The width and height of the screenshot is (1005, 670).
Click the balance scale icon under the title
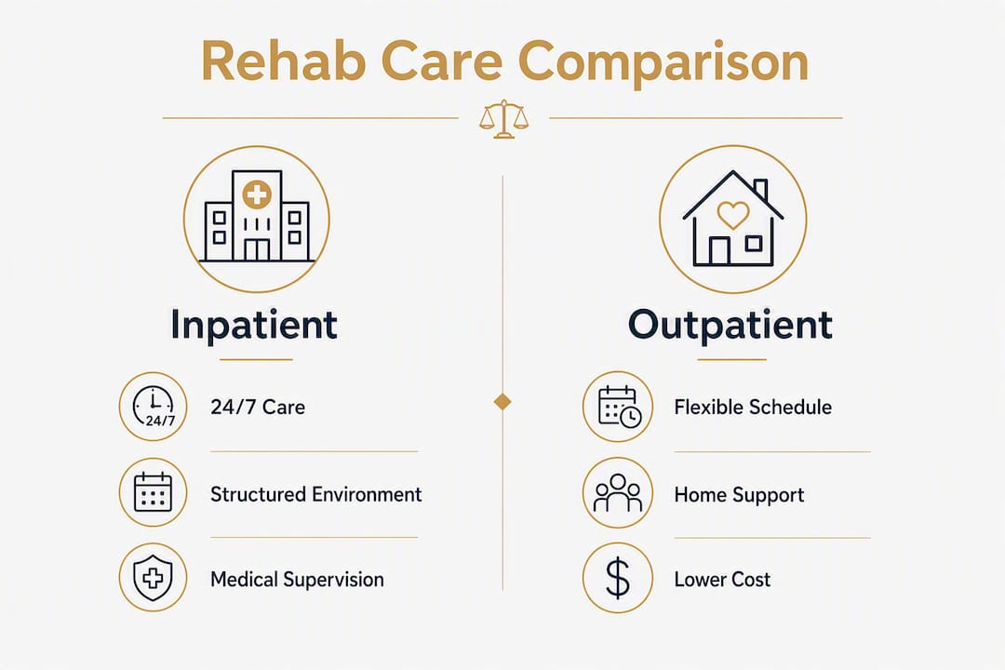(x=503, y=119)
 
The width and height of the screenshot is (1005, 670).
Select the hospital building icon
(x=257, y=216)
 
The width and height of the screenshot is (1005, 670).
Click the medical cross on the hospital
(x=257, y=194)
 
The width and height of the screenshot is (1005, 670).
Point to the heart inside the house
(x=732, y=215)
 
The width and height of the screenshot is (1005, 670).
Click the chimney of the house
(x=760, y=189)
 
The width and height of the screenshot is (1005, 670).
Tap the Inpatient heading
(x=254, y=325)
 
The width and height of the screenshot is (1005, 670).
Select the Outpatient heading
(x=730, y=325)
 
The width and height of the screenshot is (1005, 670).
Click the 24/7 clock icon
(x=154, y=407)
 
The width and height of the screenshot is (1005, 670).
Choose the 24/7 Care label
(x=258, y=408)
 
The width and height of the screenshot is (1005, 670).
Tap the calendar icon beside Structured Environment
(x=154, y=491)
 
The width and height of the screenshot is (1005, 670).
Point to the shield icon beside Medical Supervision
(x=153, y=578)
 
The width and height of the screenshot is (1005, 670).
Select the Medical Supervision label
(x=298, y=580)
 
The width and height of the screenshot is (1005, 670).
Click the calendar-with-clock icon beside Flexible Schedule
(x=619, y=407)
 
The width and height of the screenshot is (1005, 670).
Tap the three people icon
(x=618, y=492)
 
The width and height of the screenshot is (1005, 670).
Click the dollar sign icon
(x=618, y=578)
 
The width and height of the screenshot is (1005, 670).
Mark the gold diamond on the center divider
(x=502, y=402)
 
